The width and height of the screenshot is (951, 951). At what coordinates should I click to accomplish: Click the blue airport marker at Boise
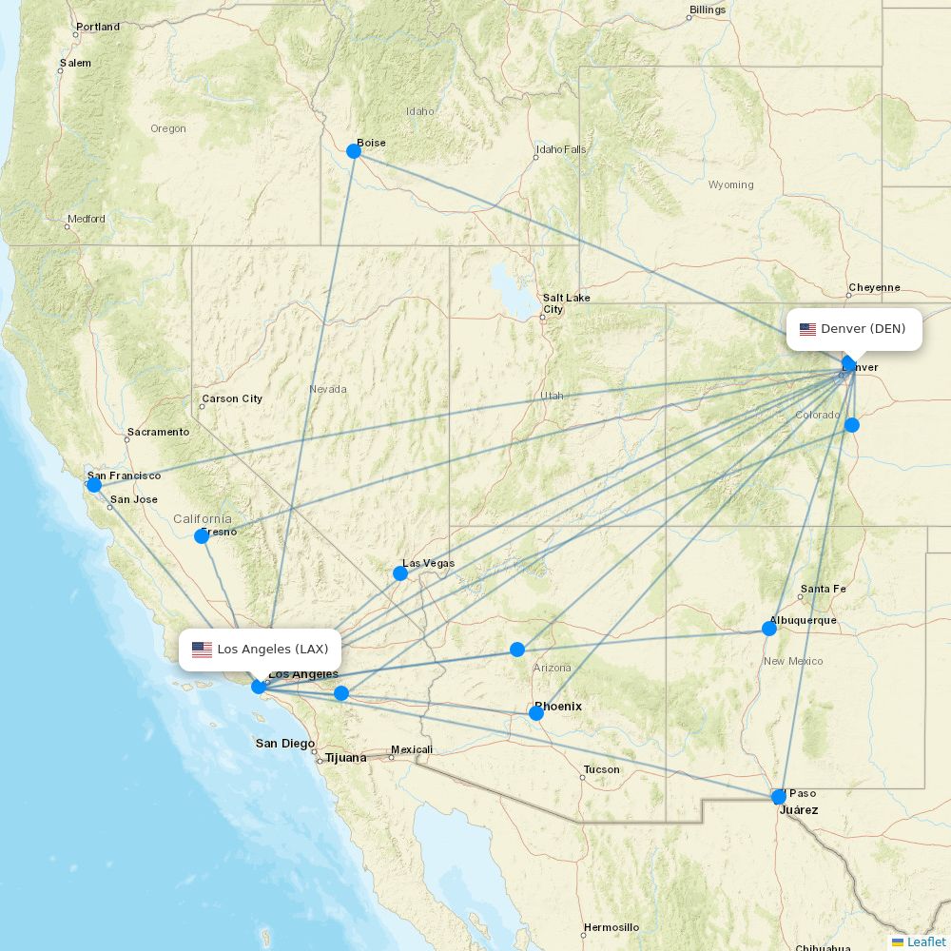point(354,151)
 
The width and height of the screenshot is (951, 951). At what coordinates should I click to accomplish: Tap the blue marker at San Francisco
point(94,485)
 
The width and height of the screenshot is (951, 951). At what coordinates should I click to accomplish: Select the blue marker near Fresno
point(202,536)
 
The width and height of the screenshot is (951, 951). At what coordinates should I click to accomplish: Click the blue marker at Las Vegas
point(400,573)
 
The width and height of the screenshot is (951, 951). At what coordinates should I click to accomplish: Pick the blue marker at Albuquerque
point(769,629)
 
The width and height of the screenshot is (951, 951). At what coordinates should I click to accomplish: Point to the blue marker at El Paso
point(780,797)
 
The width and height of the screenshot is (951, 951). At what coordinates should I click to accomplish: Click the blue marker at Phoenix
point(536,713)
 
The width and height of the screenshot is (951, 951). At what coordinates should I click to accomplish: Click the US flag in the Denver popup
point(807,330)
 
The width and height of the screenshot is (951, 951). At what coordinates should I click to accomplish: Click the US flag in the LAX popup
point(202,650)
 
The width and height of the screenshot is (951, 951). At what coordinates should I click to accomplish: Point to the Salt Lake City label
point(566,303)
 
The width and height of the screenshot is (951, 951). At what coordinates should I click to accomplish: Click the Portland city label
point(98,27)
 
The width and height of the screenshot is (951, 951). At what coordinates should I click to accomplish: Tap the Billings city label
point(708,10)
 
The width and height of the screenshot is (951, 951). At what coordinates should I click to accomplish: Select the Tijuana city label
point(345,758)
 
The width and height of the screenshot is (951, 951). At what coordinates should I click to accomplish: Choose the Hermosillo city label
point(611,927)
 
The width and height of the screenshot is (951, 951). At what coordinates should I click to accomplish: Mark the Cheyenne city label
point(874,287)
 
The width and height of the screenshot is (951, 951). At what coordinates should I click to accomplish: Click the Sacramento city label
point(158,432)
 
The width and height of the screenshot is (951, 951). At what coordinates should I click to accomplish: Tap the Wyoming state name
point(730,184)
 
